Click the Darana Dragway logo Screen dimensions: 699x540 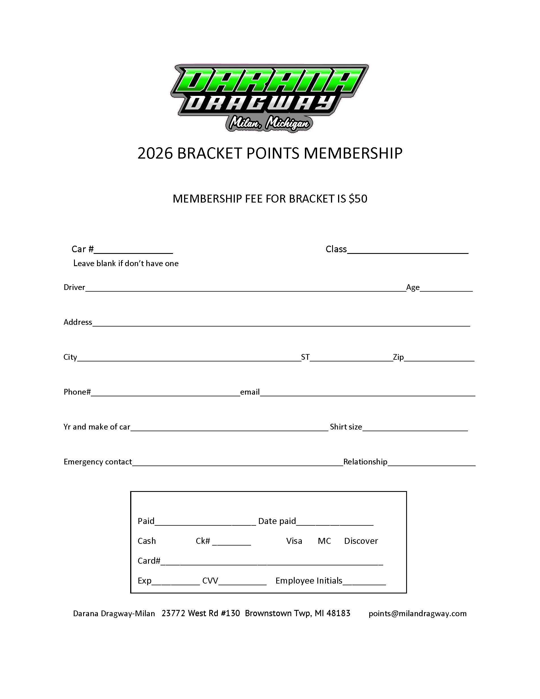coord(269,98)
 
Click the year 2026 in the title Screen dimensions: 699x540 coord(155,153)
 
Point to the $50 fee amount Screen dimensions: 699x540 coord(358,199)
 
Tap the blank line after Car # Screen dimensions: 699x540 coord(133,250)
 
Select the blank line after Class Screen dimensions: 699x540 coord(408,250)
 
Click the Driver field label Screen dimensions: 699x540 coord(74,287)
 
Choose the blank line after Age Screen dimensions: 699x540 coord(446,288)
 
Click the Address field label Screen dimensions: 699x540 coord(78,322)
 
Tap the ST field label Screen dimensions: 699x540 coord(305,357)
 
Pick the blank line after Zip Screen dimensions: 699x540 coord(439,358)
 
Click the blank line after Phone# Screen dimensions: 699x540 coord(165,393)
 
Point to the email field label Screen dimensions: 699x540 coord(250,392)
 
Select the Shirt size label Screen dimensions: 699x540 coord(346,427)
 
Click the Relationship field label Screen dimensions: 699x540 coord(365,462)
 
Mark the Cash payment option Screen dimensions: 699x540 coord(147,541)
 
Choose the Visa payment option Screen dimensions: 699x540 coord(294,541)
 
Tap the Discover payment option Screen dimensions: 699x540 coord(361,541)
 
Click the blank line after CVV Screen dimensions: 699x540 coord(242,582)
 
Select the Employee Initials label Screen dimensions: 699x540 coord(309,581)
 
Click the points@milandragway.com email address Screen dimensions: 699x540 coord(417,613)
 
